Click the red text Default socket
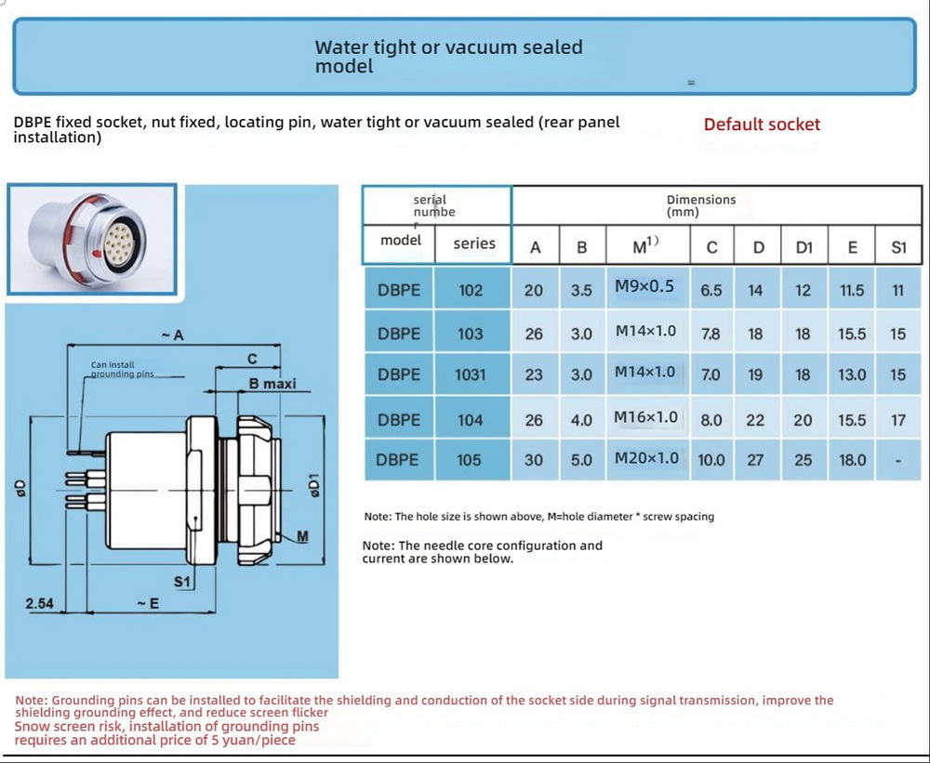[x=762, y=125]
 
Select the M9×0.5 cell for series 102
[x=644, y=286]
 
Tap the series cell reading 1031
[x=471, y=375]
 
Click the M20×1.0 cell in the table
[x=646, y=458]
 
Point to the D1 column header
[x=804, y=247]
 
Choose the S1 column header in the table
[x=897, y=247]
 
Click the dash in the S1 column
[x=897, y=460]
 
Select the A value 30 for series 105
[x=534, y=460]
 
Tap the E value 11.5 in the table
[x=851, y=290]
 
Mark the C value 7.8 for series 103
[x=711, y=334]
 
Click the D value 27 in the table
[x=755, y=460]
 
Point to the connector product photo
[x=91, y=239]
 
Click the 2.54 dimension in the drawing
[x=40, y=604]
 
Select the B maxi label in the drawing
[x=272, y=384]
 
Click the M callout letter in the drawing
[x=302, y=537]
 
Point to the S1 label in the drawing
[x=183, y=582]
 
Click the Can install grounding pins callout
[x=122, y=370]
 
